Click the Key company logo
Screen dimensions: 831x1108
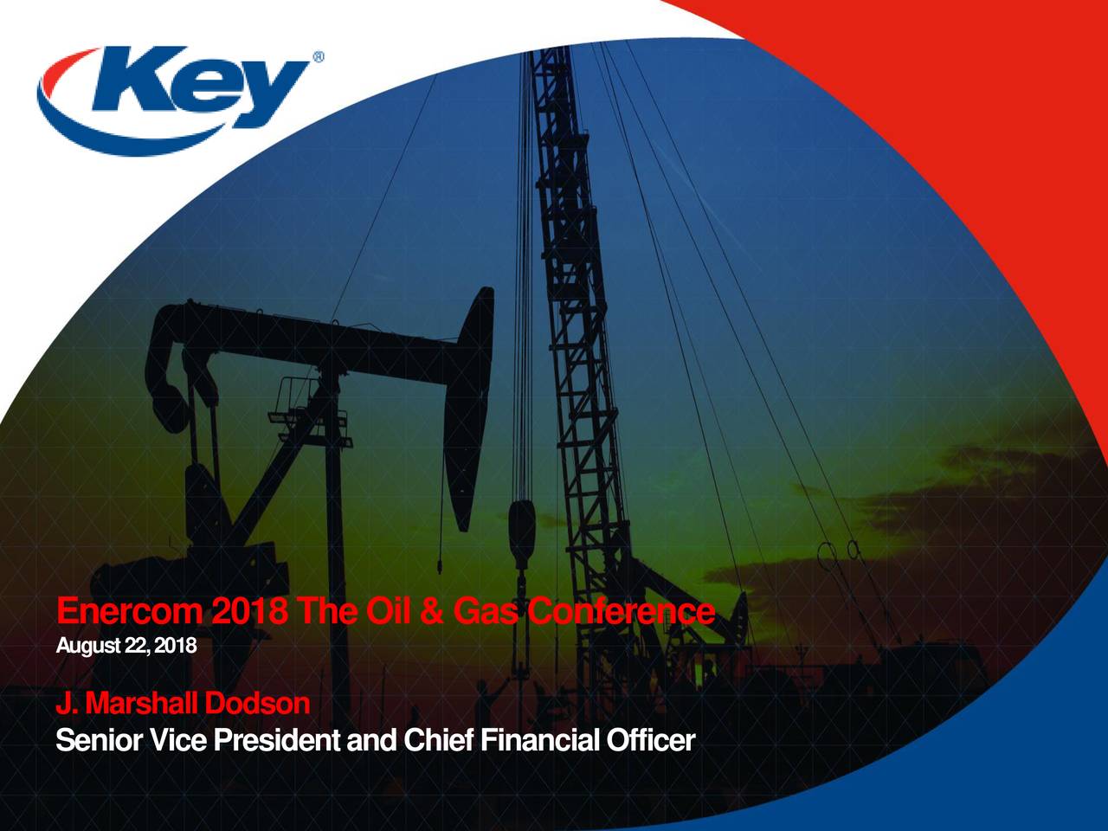[x=173, y=91]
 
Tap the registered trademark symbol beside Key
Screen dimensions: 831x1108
[x=318, y=58]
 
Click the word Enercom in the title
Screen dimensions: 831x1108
[x=129, y=613]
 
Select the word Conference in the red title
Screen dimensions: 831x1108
[x=621, y=613]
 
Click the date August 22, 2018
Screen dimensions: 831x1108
[x=126, y=646]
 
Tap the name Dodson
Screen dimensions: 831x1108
[x=257, y=704]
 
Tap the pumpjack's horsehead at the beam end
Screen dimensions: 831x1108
[x=468, y=407]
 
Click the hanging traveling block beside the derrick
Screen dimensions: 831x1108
[x=522, y=530]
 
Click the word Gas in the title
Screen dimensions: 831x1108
[x=488, y=613]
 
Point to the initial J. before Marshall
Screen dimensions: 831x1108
[x=66, y=704]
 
